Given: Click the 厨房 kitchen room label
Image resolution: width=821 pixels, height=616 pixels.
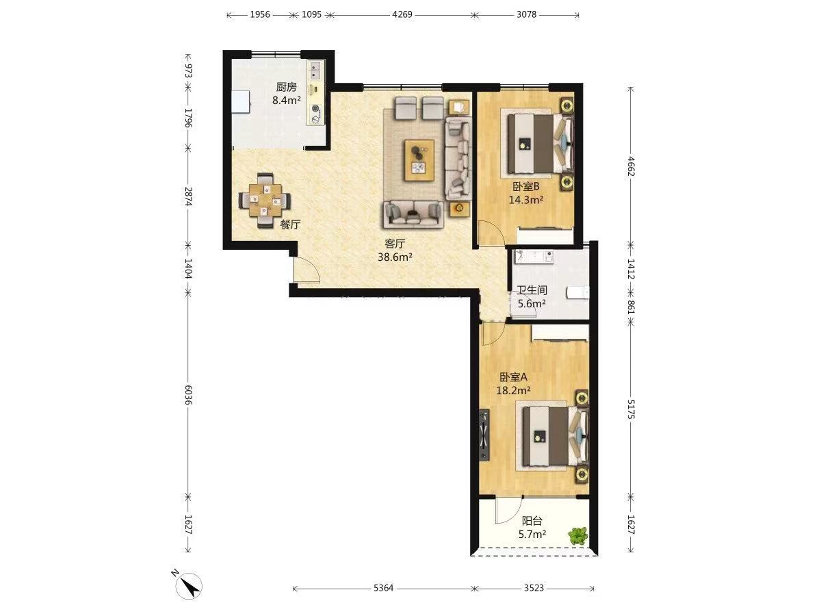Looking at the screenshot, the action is [x=286, y=87].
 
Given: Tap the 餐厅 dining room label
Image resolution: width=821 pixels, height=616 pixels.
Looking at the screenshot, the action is [x=290, y=224].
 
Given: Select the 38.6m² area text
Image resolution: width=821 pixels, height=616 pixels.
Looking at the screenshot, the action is [x=395, y=257].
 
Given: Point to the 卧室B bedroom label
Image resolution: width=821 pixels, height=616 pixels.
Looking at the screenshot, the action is [x=525, y=186].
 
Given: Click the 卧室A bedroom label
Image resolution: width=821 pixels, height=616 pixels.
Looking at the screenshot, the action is [x=513, y=377].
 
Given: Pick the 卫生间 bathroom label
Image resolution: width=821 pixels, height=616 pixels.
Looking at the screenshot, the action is [x=532, y=290].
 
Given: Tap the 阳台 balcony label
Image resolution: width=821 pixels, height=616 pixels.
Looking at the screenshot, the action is [x=532, y=521].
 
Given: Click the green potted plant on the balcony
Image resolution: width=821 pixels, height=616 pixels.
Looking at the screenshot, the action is [x=578, y=536].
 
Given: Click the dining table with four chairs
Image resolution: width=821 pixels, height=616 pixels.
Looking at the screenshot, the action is [x=265, y=201].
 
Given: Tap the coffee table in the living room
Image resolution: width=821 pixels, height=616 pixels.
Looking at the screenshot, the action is [x=419, y=160].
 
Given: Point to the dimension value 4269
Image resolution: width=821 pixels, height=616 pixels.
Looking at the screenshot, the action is [x=402, y=14].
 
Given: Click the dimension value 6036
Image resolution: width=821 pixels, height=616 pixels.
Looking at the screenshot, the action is [x=188, y=395].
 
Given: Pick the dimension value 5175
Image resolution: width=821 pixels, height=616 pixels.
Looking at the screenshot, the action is [x=631, y=409].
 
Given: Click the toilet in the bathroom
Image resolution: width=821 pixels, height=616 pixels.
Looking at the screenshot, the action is [x=578, y=293].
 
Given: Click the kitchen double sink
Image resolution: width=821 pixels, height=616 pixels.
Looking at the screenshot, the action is [x=315, y=70].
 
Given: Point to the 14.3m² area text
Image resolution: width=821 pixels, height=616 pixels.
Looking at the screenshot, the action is [x=526, y=200].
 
